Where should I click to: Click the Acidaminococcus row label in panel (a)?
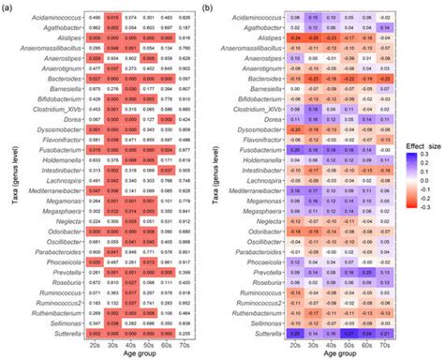coord(33,17)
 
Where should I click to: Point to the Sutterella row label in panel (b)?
coord(258,332)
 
